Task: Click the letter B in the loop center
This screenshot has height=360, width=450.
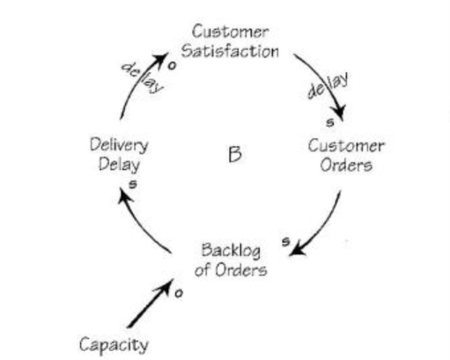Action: click(x=234, y=154)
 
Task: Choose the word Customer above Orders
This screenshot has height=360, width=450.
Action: click(x=346, y=145)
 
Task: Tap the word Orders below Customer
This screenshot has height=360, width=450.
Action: click(x=347, y=165)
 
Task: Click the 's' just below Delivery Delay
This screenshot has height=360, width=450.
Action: click(x=132, y=184)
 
